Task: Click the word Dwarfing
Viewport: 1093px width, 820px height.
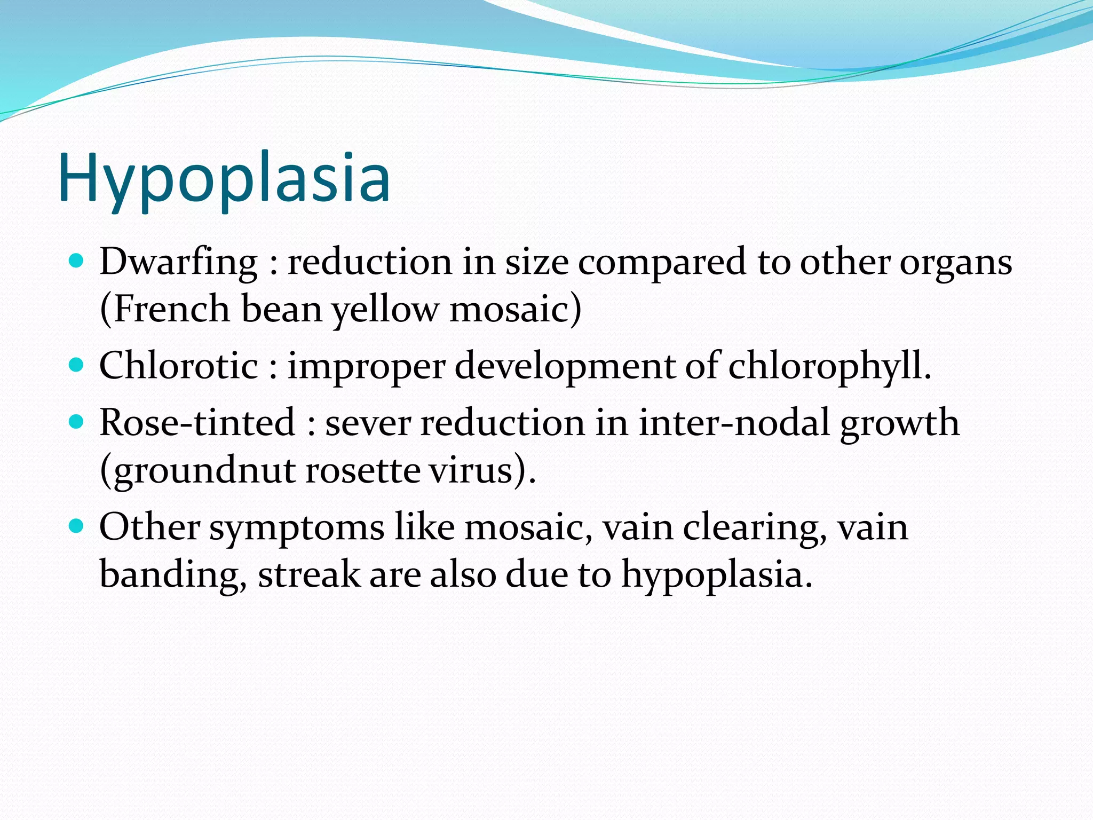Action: (x=178, y=263)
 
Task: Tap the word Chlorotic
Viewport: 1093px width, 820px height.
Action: (x=179, y=366)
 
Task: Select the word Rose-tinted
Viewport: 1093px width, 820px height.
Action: (x=197, y=422)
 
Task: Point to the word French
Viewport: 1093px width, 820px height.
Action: (x=172, y=310)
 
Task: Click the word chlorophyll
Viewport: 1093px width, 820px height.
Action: (x=829, y=367)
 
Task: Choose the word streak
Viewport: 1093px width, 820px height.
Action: (x=309, y=574)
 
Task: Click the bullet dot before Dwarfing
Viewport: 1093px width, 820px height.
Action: (x=77, y=261)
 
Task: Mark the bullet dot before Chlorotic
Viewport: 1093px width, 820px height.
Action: (x=77, y=365)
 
